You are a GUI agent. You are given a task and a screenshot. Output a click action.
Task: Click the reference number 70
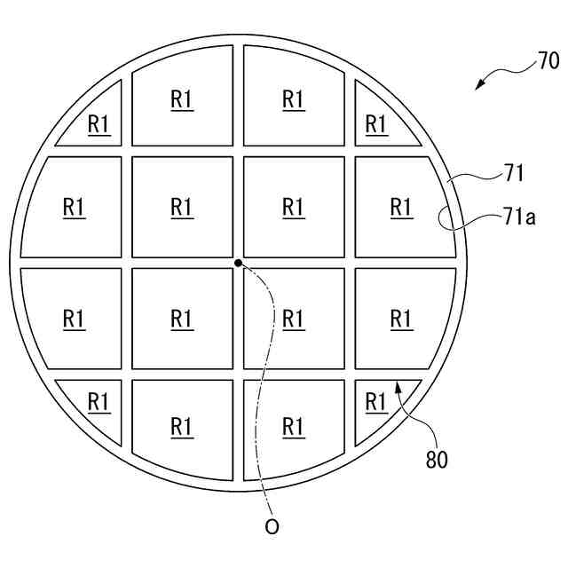coord(548,61)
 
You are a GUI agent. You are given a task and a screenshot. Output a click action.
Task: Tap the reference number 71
coord(514,172)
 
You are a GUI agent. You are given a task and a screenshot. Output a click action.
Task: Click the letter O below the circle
coord(272,527)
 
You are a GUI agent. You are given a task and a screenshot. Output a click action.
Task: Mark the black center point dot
coord(238,263)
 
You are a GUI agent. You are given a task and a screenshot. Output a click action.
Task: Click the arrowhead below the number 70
coord(480,85)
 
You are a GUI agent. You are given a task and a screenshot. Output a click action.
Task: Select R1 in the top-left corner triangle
coord(99,125)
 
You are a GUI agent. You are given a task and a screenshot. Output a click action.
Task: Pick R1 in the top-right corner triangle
coord(377,125)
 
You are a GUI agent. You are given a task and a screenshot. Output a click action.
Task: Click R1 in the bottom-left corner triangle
coord(99,401)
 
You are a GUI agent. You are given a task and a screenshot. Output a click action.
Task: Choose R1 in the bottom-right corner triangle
coord(377,401)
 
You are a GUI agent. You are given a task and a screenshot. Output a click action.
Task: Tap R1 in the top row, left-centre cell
coord(182,99)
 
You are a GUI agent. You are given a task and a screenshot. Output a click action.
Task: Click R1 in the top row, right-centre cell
coord(294,99)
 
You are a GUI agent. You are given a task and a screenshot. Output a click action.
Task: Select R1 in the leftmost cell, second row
coord(74,207)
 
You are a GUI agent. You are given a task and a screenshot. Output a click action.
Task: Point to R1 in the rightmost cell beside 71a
coord(402,207)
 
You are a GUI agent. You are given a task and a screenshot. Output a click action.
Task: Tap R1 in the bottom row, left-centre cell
coord(182,426)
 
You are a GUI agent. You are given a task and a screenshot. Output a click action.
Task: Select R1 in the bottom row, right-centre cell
coord(294,426)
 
